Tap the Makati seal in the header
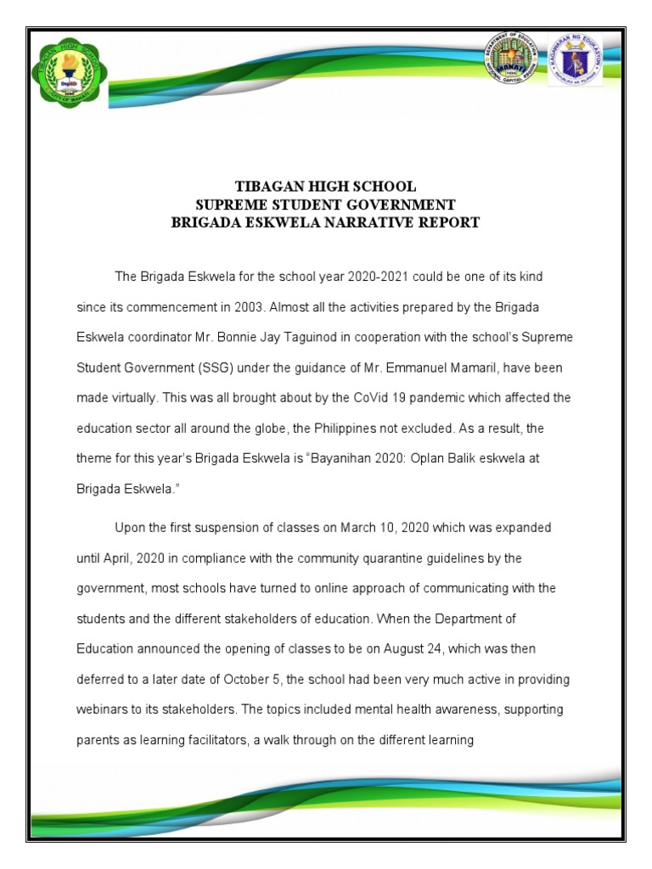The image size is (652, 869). tap(512, 61)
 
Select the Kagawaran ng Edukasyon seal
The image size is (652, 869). tap(575, 61)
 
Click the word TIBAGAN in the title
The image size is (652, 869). tap(268, 186)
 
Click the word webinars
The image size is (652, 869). tap(104, 709)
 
